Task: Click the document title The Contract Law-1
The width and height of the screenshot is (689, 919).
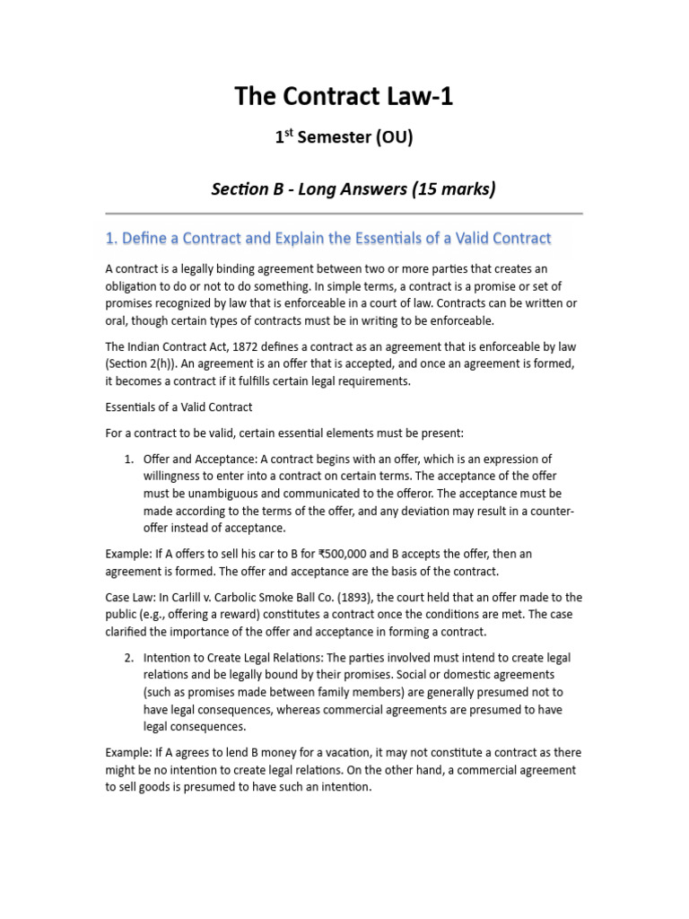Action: [x=344, y=96]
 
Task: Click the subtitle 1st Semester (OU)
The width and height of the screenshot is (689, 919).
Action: [x=344, y=138]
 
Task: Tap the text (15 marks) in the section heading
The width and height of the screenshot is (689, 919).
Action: [x=452, y=189]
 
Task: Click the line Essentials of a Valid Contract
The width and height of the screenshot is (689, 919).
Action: [x=179, y=407]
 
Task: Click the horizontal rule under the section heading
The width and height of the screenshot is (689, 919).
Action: [x=344, y=214]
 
